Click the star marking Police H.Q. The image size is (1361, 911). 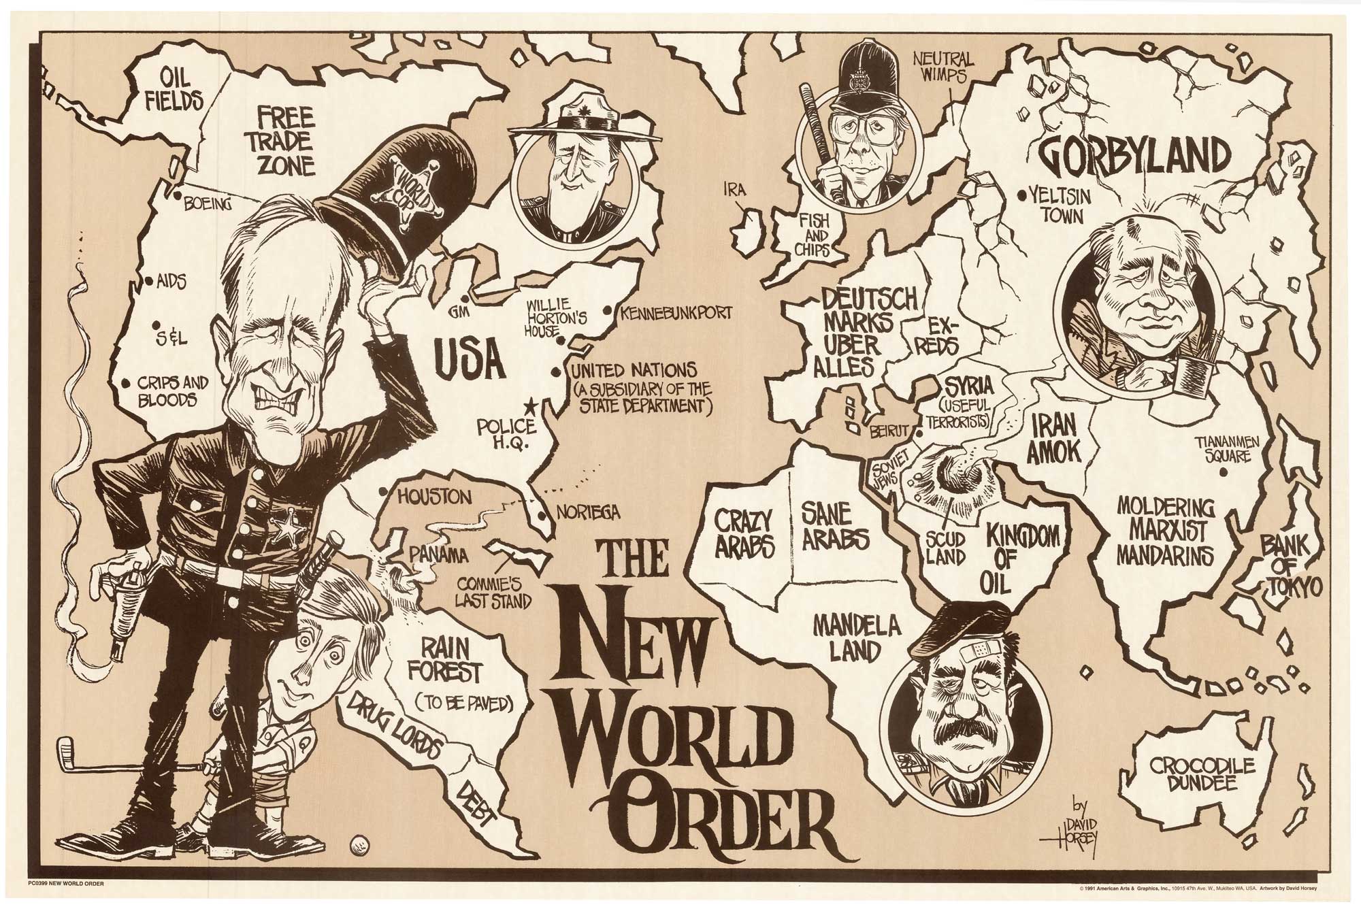(530, 407)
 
